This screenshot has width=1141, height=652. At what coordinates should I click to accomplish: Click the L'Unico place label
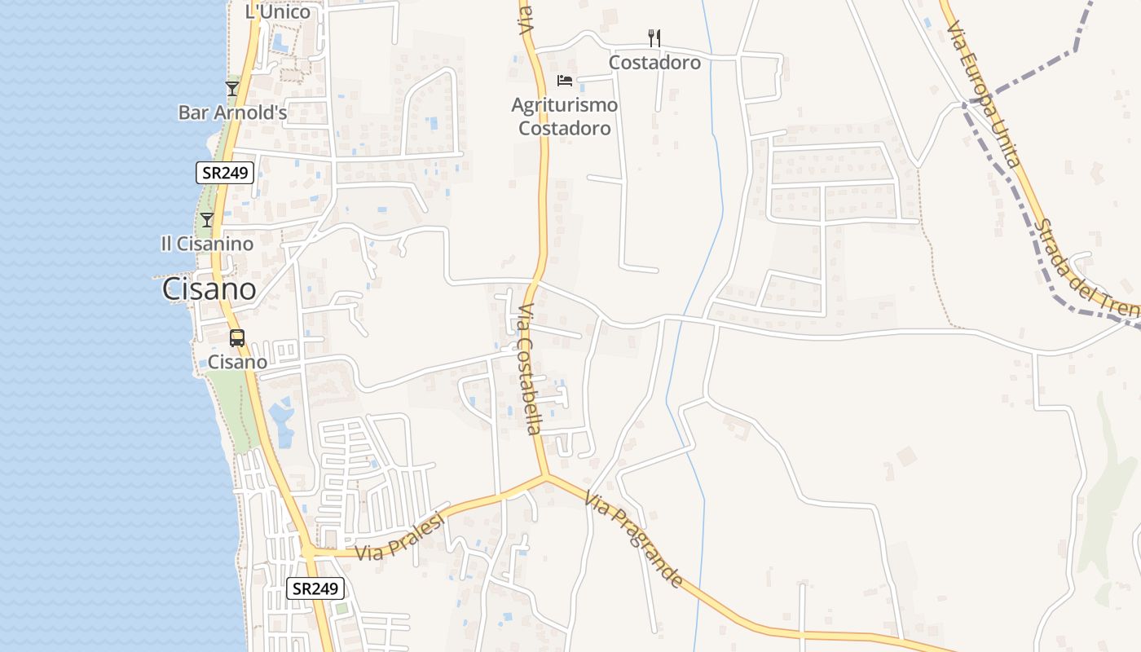coord(278,11)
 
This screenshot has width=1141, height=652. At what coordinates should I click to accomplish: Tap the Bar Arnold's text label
coord(232,112)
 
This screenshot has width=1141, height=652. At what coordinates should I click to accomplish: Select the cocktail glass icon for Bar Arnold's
coord(232,88)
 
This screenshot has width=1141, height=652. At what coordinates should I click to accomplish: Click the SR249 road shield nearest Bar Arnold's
coord(225,172)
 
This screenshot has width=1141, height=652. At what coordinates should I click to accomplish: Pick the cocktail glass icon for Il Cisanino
coord(207,219)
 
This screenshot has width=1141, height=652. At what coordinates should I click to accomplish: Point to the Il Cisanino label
coord(207,244)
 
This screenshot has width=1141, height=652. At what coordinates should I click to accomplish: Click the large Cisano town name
coord(209,289)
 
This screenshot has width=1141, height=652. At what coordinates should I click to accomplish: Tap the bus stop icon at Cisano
coord(237,337)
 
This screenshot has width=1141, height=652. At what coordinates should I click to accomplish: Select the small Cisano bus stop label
coord(237,361)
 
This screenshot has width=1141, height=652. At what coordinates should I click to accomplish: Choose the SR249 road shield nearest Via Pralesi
coord(315,588)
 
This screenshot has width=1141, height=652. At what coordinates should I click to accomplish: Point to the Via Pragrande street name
coord(633,538)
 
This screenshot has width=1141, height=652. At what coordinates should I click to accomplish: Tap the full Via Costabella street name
coord(529,369)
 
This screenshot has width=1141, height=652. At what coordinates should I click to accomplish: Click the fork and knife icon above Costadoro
coord(654,37)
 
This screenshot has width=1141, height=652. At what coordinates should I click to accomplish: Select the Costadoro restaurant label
coord(654,62)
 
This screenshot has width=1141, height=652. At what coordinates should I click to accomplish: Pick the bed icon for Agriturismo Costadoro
coord(565,80)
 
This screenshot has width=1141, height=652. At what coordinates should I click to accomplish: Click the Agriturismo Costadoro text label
coord(565,117)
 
